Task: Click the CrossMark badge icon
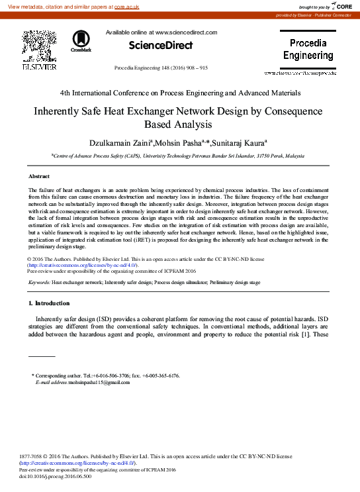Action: (81, 41)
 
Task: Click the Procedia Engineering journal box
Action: (308, 50)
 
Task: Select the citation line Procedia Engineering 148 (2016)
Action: (161, 68)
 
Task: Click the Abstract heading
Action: (39, 177)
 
